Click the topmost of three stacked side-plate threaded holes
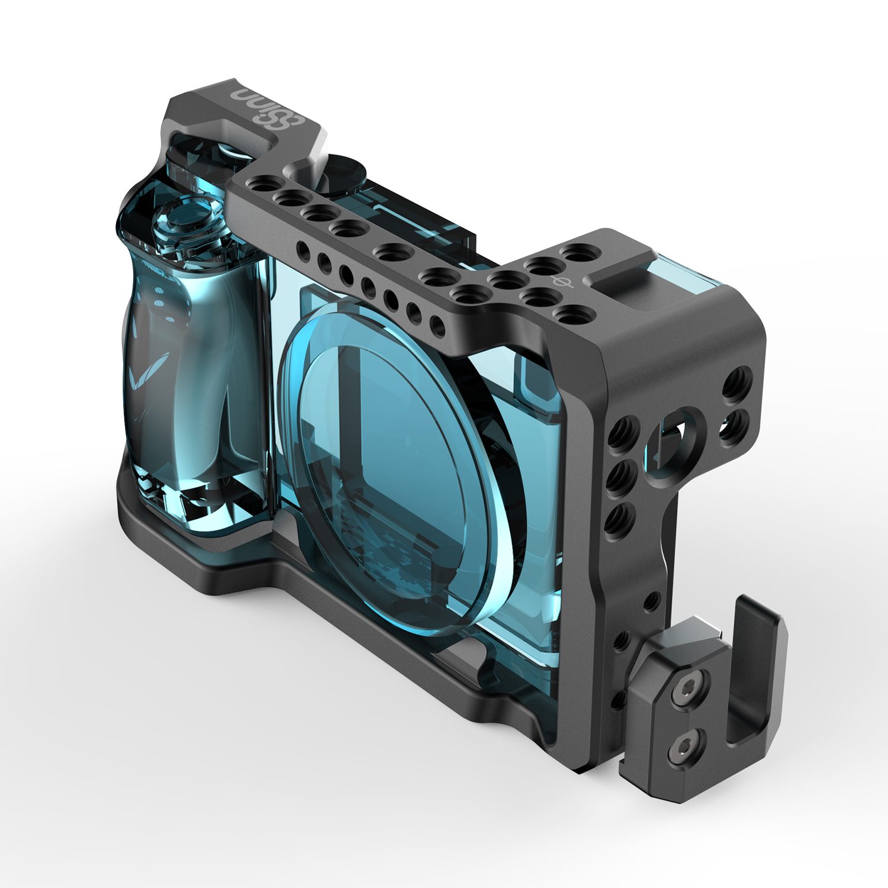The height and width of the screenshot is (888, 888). pos(623,430)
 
